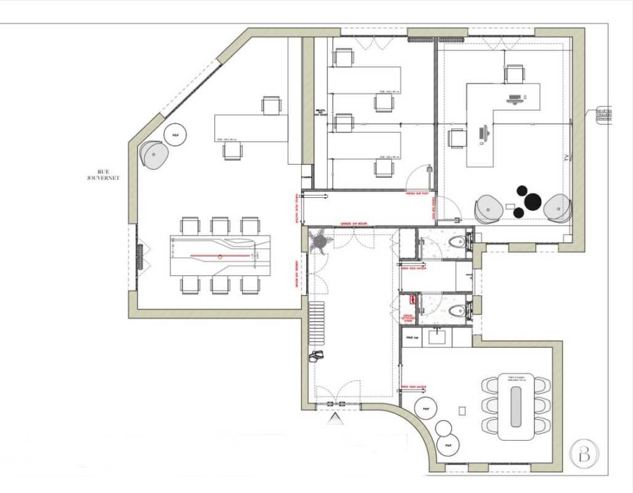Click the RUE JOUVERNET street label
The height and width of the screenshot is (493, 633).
point(103,174)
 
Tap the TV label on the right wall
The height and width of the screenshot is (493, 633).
point(565,158)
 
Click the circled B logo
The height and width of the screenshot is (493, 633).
point(582,455)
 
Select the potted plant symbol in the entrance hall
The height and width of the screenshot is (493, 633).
point(321,240)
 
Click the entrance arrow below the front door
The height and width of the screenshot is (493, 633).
point(335,420)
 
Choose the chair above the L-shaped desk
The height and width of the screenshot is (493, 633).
point(515,73)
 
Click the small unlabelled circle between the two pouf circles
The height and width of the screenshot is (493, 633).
point(443,428)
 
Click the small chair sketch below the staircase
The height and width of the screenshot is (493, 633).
point(316,356)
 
